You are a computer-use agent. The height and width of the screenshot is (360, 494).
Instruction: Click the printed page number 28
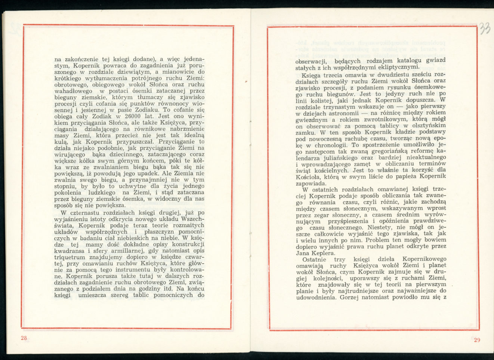pos(24,338)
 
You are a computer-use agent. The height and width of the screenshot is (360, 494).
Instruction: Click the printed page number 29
pos(477,340)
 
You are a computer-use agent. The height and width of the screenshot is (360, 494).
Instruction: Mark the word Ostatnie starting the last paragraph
pos(315,259)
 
